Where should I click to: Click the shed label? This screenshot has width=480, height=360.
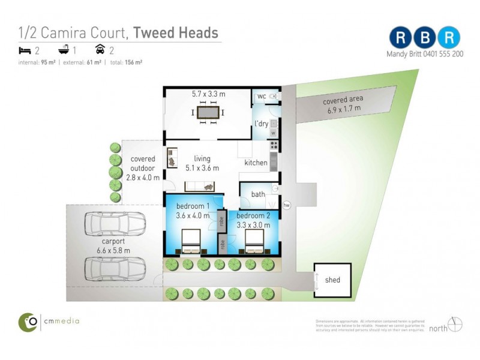tap(332, 280)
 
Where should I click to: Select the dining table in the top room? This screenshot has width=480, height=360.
tap(208, 112)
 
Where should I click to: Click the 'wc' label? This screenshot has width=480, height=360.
tap(261, 97)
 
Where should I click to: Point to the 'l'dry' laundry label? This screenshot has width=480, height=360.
tap(261, 124)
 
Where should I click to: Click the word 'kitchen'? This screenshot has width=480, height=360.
tap(256, 163)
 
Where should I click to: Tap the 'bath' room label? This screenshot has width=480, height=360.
tap(258, 194)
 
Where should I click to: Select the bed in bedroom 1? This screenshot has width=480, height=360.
tap(191, 243)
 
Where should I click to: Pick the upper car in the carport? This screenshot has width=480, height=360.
tap(115, 224)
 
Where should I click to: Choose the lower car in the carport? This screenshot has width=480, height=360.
tap(115, 268)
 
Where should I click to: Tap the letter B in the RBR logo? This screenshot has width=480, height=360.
tap(425, 37)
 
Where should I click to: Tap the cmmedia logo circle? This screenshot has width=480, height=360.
tap(28, 322)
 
